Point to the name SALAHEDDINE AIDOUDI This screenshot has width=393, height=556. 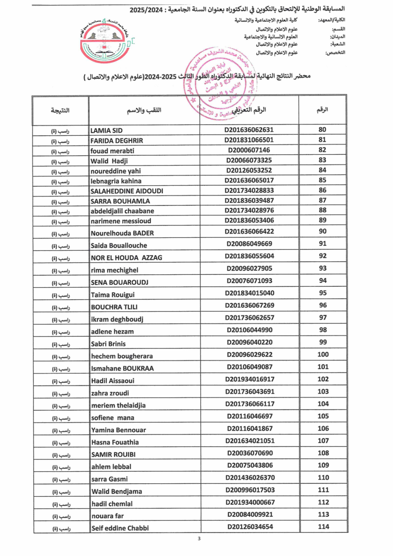pos(127,191)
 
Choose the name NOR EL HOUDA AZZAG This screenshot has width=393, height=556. pos(126,257)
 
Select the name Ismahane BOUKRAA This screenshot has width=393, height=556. pos(122,369)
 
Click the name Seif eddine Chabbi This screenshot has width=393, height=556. pos(120,528)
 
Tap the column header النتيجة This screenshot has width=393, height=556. pos(60,110)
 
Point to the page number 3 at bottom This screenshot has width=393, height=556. pos(199,539)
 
